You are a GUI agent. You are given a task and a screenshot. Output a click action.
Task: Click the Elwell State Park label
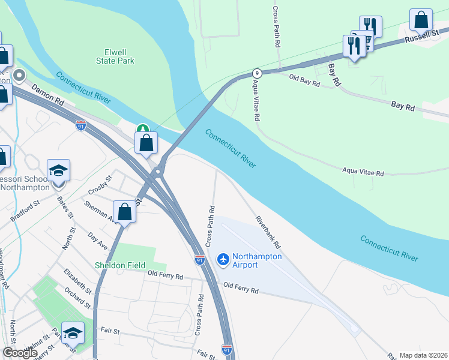click(115, 56)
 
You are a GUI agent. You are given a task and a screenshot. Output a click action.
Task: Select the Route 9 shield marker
click(256, 73)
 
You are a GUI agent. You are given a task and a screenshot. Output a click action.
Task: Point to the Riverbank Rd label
click(268, 233)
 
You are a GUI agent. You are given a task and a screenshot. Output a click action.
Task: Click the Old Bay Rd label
click(304, 80)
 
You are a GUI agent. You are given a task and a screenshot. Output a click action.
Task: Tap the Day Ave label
click(97, 241)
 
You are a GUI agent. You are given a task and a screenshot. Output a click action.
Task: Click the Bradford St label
click(25, 211)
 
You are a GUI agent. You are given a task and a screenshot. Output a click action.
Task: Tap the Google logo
click(20, 353)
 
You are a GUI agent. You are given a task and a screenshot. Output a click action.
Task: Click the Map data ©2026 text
click(423, 355)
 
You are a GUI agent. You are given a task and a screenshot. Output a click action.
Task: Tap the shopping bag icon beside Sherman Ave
click(125, 212)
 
